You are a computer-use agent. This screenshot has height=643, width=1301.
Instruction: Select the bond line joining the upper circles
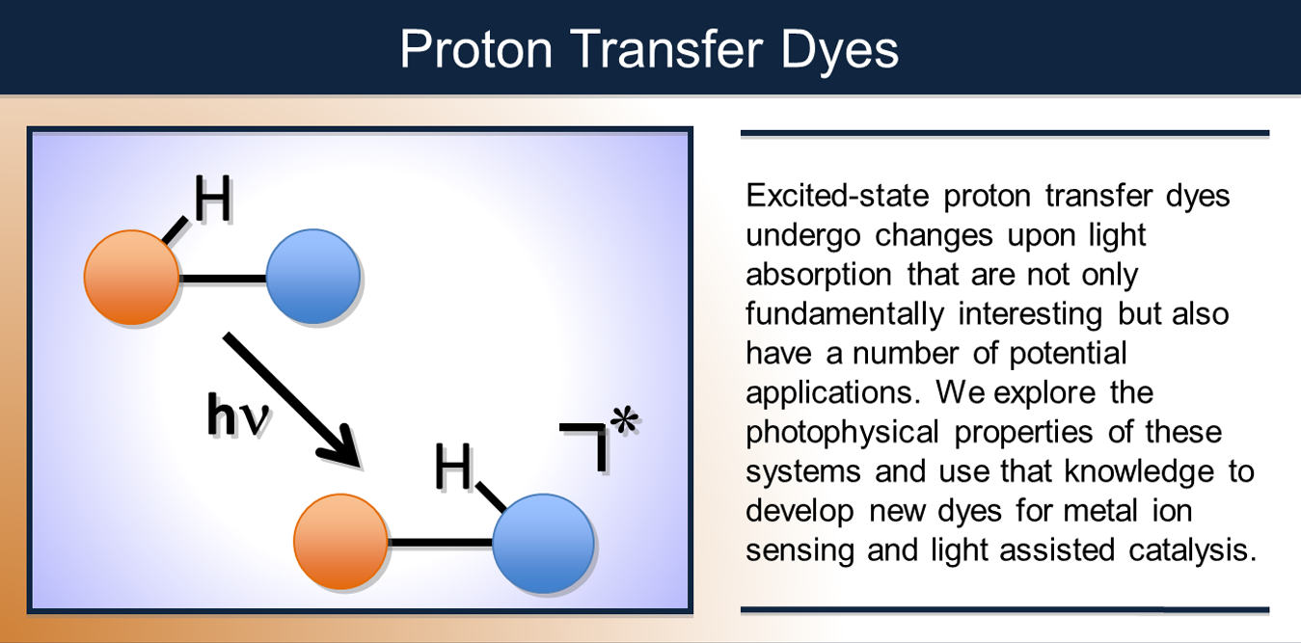tap(222, 280)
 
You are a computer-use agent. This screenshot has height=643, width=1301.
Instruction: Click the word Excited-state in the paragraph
tap(837, 196)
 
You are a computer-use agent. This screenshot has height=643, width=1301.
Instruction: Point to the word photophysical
tap(844, 431)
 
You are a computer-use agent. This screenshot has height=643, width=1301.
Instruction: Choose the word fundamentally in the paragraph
tap(842, 313)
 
